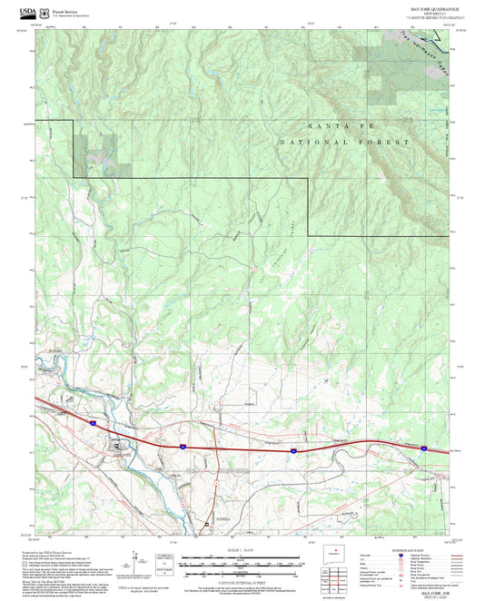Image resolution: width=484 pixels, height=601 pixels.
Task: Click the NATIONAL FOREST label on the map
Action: pos(345,143)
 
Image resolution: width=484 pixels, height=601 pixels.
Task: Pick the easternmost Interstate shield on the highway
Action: pos(423,447)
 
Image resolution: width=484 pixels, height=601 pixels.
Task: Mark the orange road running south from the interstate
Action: pos(215,472)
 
